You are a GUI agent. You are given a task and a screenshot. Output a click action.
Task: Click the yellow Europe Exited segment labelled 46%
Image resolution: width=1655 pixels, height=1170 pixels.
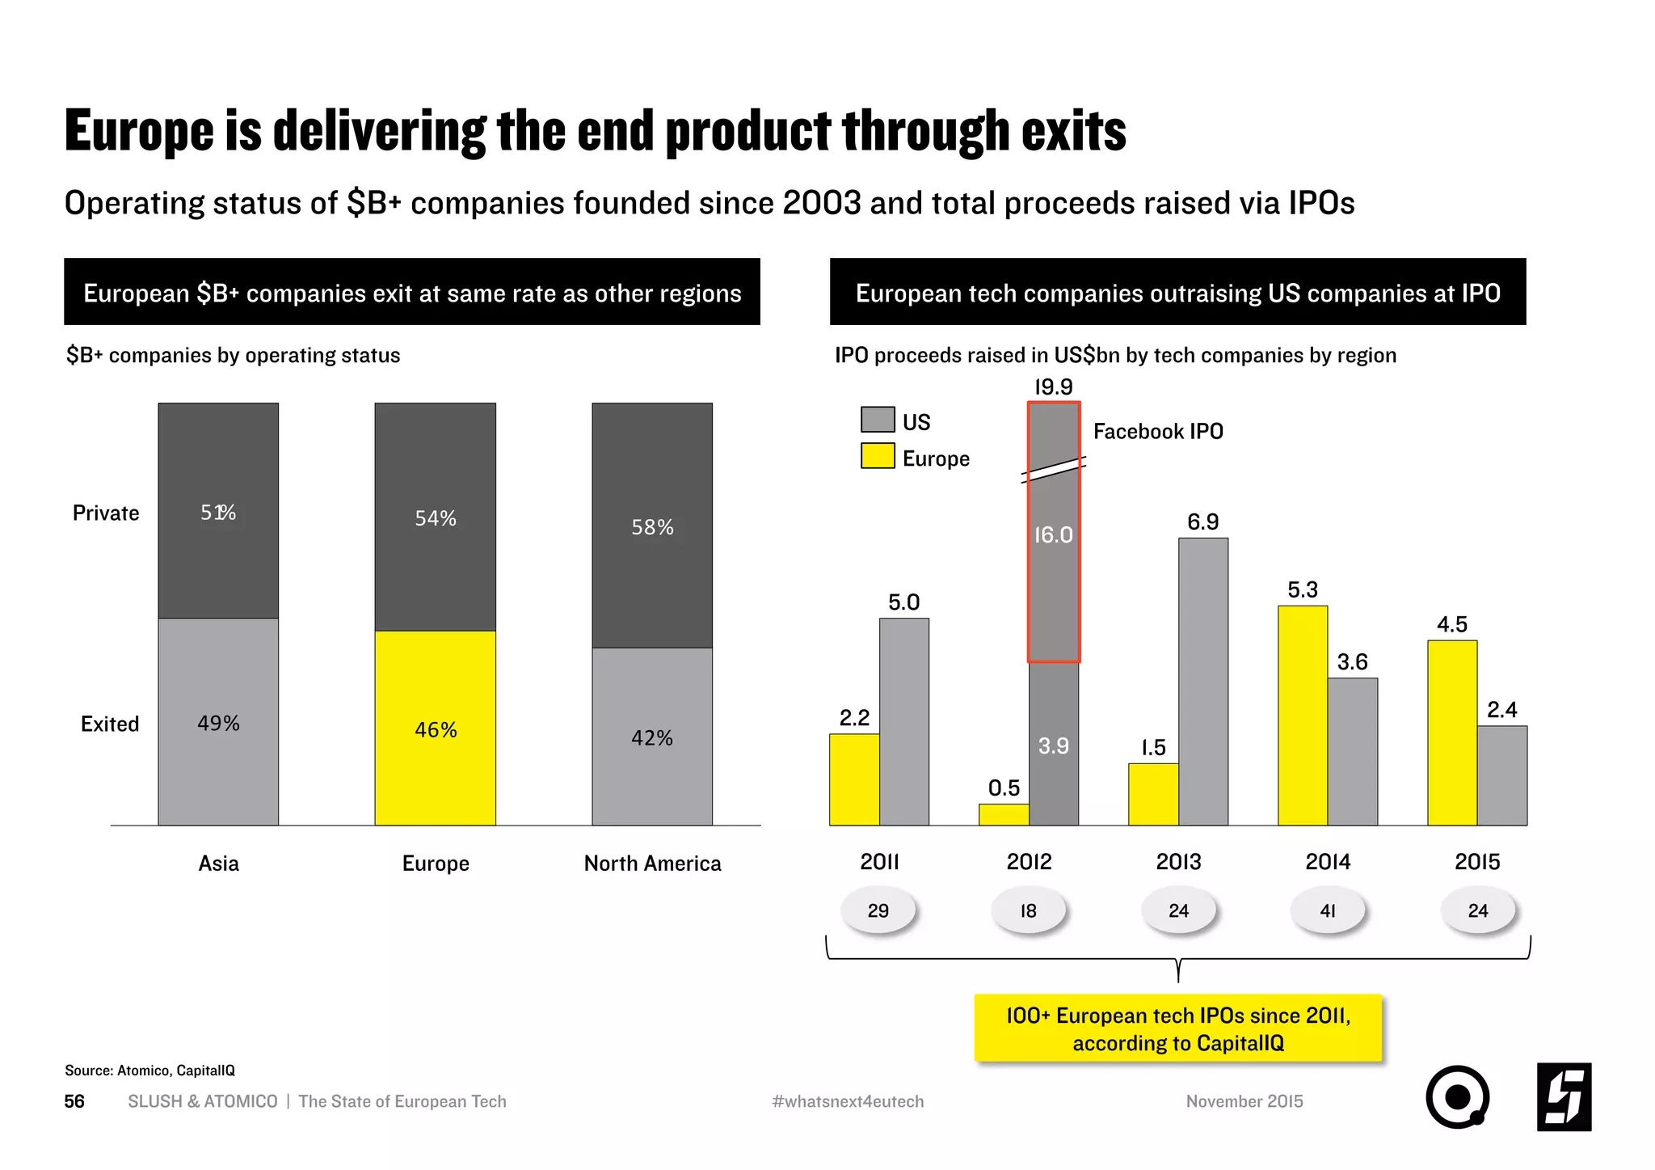435,728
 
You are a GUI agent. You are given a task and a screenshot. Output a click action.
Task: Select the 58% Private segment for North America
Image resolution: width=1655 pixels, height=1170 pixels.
652,526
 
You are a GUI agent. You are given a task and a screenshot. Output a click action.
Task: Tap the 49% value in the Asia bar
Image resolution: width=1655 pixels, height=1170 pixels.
218,723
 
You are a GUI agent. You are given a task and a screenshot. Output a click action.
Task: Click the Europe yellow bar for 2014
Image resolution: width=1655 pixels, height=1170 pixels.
1302,716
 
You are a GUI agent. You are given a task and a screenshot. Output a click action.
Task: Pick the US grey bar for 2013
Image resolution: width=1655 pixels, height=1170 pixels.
1202,681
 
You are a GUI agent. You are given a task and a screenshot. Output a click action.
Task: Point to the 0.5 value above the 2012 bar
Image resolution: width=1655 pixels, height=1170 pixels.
1004,788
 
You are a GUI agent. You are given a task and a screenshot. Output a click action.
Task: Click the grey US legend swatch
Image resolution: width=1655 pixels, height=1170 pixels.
878,420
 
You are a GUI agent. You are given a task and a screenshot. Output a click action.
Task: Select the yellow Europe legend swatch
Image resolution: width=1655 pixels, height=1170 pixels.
878,456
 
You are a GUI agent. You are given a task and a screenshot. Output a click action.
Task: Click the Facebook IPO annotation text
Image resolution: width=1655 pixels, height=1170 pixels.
1157,431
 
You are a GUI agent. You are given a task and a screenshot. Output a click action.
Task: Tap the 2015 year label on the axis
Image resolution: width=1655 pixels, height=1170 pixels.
1476,862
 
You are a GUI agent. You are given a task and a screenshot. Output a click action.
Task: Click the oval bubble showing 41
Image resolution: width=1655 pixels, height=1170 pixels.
1327,910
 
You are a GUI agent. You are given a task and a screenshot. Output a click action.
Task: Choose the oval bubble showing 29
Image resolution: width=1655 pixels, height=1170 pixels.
878,910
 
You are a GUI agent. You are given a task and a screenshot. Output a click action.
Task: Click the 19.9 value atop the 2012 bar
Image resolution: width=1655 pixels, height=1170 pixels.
1053,387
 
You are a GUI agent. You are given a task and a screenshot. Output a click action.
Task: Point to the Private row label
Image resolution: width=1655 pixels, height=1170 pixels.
106,513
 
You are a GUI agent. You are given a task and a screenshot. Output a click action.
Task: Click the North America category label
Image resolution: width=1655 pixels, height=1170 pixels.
652,864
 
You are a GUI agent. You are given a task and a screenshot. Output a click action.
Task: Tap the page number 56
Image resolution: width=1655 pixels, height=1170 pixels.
74,1101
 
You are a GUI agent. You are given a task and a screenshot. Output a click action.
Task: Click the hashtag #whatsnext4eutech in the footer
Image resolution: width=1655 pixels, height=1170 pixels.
847,1101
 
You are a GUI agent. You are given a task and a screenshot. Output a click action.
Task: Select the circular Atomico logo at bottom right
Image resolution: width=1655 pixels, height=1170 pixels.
1457,1096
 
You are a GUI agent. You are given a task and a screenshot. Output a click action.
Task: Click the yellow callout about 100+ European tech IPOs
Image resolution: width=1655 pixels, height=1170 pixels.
1177,1029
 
